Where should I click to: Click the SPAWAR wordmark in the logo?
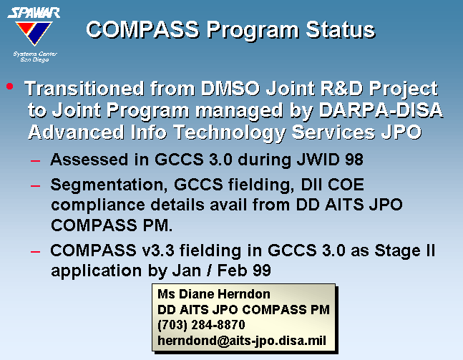click(34, 13)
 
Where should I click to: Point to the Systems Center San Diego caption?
click(35, 57)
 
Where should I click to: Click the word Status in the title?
click(340, 30)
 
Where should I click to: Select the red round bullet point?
click(10, 86)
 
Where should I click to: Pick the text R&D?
click(341, 88)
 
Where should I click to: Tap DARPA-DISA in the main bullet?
click(381, 110)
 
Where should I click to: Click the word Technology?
click(230, 132)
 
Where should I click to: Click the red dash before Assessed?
click(36, 160)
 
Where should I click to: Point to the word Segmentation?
click(107, 185)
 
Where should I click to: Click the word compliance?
click(98, 205)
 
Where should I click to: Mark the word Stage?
click(397, 251)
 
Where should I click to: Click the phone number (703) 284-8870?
click(201, 325)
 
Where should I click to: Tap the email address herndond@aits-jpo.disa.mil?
click(242, 341)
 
